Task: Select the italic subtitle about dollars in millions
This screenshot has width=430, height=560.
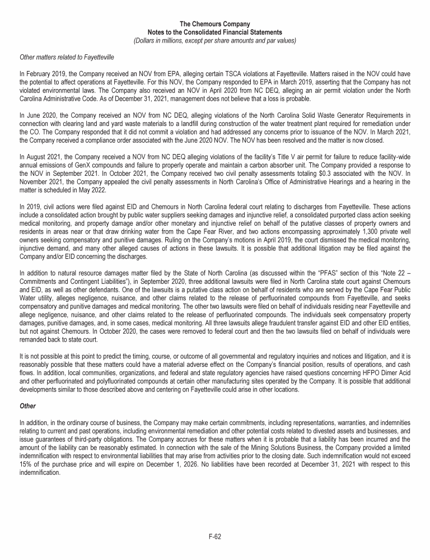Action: (x=214, y=40)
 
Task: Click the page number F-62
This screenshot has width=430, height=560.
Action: (x=214, y=536)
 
